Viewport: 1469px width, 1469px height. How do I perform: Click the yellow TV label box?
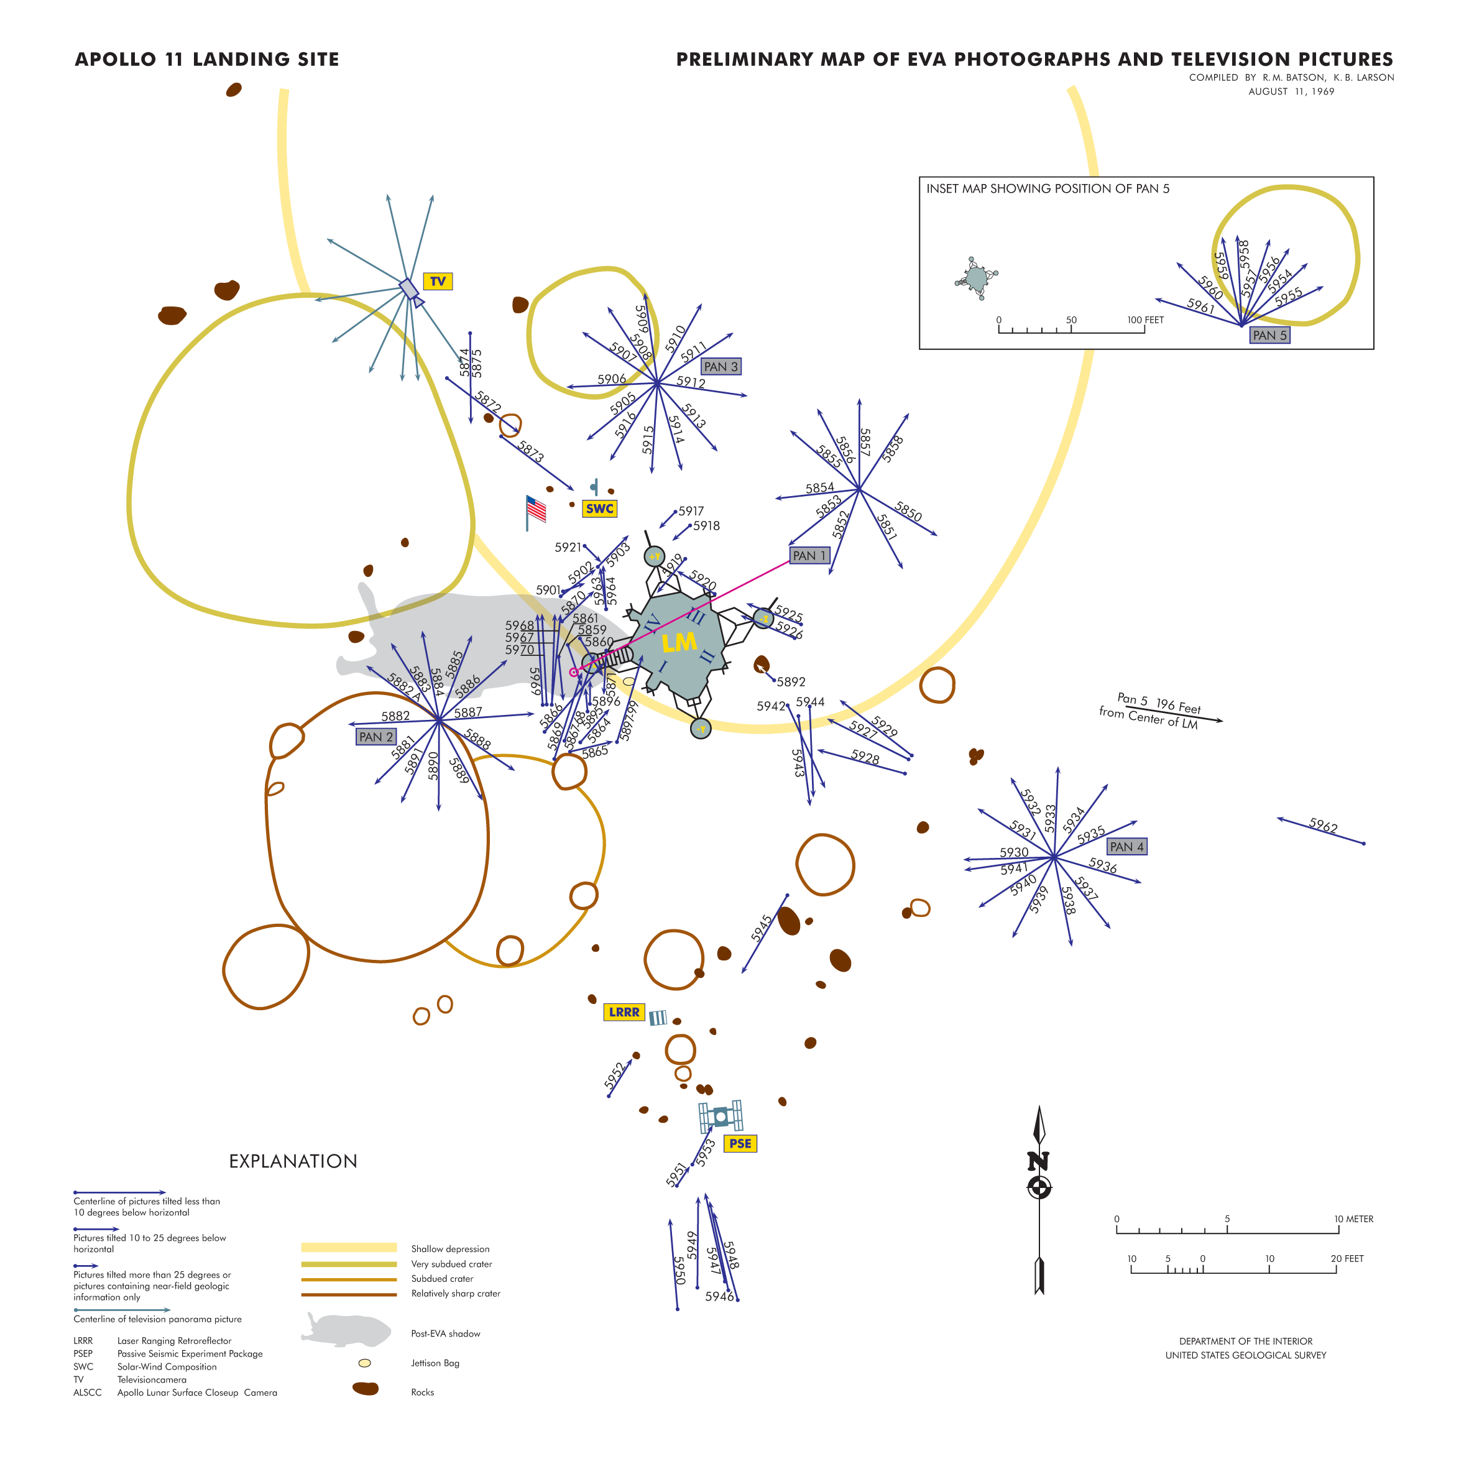tap(437, 282)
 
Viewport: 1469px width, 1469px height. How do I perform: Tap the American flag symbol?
tap(535, 509)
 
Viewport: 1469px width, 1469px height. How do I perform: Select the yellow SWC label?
tap(599, 509)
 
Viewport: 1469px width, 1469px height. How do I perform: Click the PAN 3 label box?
tap(720, 367)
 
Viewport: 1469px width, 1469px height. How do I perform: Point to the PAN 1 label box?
tap(808, 556)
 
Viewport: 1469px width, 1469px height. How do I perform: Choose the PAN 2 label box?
tap(375, 737)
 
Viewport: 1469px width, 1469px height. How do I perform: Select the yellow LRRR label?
tap(624, 1012)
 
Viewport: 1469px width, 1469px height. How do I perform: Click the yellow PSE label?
tap(739, 1144)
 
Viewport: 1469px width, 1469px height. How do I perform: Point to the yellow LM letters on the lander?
tap(678, 643)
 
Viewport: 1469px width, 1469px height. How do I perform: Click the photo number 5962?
tap(1323, 826)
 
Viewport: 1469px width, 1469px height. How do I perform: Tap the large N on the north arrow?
tap(1038, 1161)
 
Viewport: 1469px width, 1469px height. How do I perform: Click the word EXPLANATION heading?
tap(293, 1161)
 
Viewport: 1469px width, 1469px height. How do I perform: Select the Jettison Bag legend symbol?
tap(364, 1363)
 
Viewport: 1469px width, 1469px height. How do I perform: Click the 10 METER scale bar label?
tap(1353, 1219)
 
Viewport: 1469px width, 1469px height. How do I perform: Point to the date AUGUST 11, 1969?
tap(1291, 91)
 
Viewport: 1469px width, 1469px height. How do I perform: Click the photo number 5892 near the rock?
tap(791, 682)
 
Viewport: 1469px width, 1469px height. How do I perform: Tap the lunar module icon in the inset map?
tap(975, 279)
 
